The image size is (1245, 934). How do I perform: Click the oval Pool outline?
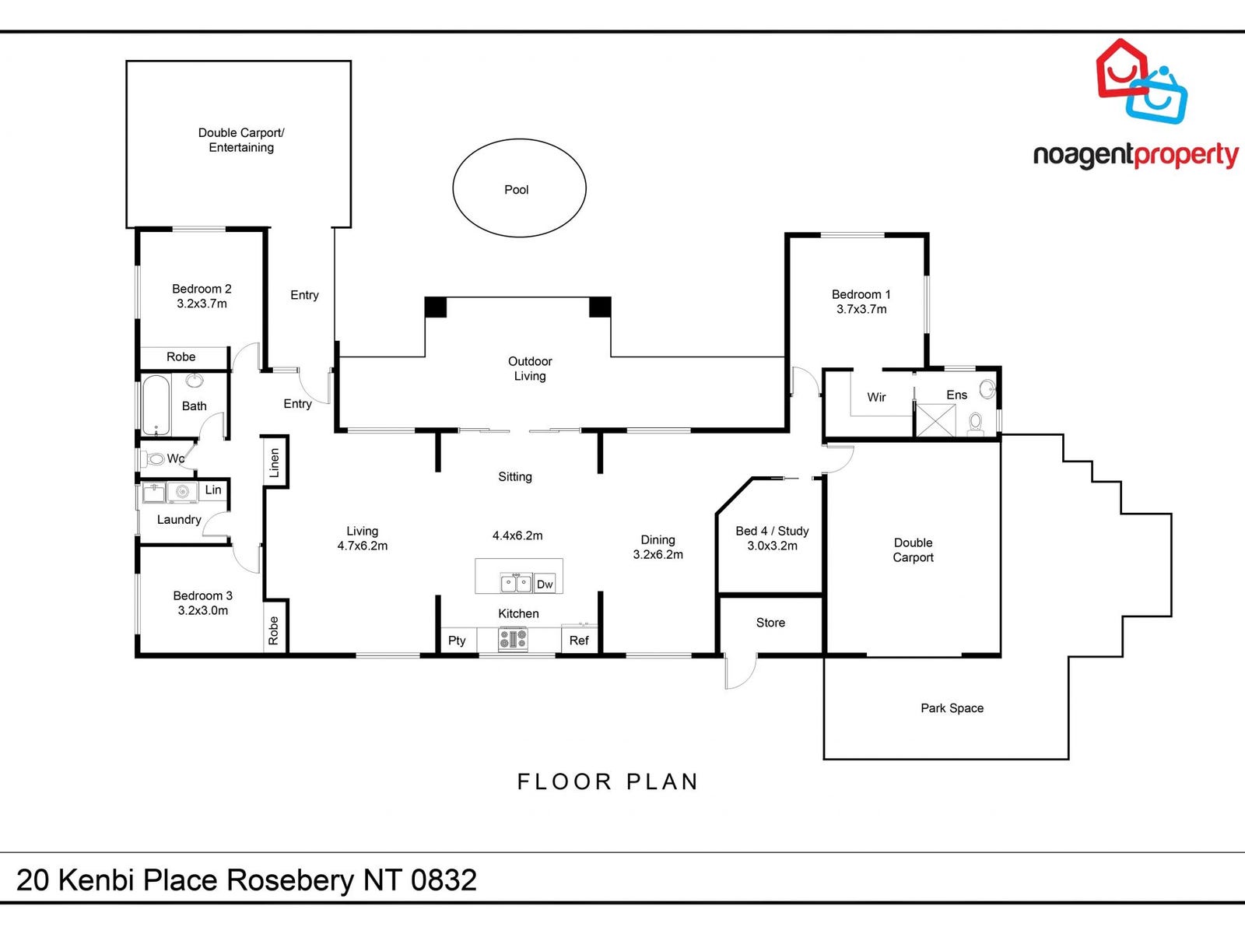pyautogui.click(x=519, y=188)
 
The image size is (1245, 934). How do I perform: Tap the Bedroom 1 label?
pyautogui.click(x=861, y=294)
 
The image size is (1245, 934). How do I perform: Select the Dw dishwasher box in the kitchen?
pyautogui.click(x=545, y=584)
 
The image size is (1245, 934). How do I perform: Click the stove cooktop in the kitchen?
pyautogui.click(x=513, y=640)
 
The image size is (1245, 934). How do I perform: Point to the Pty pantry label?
pyautogui.click(x=457, y=641)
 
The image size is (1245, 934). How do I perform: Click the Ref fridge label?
pyautogui.click(x=579, y=641)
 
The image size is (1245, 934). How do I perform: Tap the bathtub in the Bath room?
pyautogui.click(x=156, y=406)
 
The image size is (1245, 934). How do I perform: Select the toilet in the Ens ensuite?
pyautogui.click(x=976, y=422)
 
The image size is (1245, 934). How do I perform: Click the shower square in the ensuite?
pyautogui.click(x=935, y=420)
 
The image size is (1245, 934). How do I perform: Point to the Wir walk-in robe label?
pyautogui.click(x=876, y=397)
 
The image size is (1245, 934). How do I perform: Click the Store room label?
pyautogui.click(x=770, y=623)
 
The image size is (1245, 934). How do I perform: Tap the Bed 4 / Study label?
pyautogui.click(x=772, y=531)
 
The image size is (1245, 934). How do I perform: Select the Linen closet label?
pyautogui.click(x=274, y=462)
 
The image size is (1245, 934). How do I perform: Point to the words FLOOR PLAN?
pyautogui.click(x=608, y=781)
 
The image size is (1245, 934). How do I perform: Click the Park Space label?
pyautogui.click(x=952, y=708)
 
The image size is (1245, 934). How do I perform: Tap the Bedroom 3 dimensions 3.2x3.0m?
pyautogui.click(x=203, y=611)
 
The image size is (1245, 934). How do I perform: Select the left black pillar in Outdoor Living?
pyautogui.click(x=436, y=307)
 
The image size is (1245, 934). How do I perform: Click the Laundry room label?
pyautogui.click(x=179, y=520)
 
